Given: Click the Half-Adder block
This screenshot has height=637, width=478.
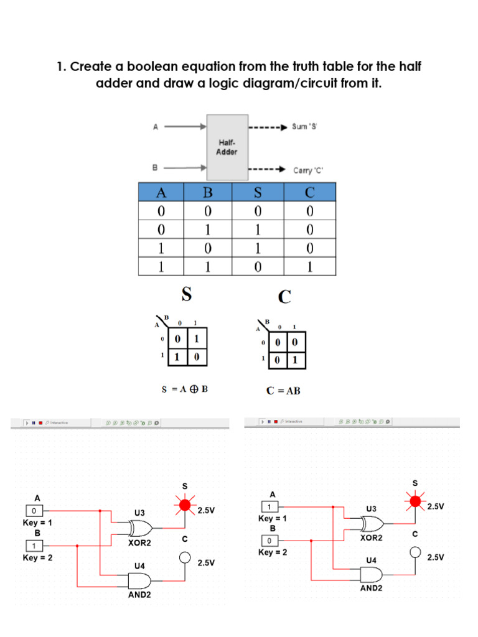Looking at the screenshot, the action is click(227, 147).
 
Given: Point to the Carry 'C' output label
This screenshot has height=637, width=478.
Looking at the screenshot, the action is click(309, 170).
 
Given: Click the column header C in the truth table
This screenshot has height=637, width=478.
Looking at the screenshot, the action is click(310, 192).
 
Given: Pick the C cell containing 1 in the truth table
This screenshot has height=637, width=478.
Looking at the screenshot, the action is click(310, 267).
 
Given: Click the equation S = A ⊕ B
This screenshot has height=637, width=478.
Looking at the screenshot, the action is click(184, 390).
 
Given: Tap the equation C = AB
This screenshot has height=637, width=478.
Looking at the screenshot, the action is click(283, 391).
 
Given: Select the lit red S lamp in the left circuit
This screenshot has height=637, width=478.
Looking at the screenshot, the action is click(184, 505).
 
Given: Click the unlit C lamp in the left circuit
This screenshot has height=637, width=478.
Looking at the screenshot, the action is click(184, 557).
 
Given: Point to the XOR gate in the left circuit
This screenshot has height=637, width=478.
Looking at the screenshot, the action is click(141, 529).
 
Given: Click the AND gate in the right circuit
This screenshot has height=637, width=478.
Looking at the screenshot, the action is click(371, 574).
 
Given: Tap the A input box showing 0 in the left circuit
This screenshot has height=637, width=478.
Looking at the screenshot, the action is click(34, 511).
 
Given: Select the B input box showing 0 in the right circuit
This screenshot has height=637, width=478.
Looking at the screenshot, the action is click(270, 539).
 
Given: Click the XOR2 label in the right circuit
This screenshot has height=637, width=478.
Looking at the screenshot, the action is click(372, 537).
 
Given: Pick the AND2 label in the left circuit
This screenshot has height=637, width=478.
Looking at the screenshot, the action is click(139, 595).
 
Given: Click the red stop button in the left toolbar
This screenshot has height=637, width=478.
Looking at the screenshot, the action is click(40, 422).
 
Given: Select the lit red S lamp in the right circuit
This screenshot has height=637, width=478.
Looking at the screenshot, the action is click(415, 498).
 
